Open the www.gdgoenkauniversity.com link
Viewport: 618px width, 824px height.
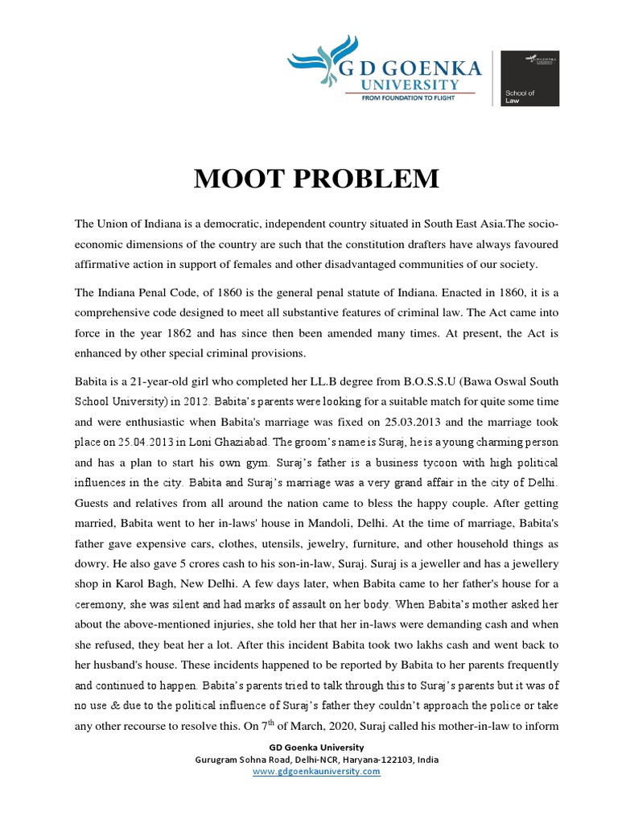(316, 771)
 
